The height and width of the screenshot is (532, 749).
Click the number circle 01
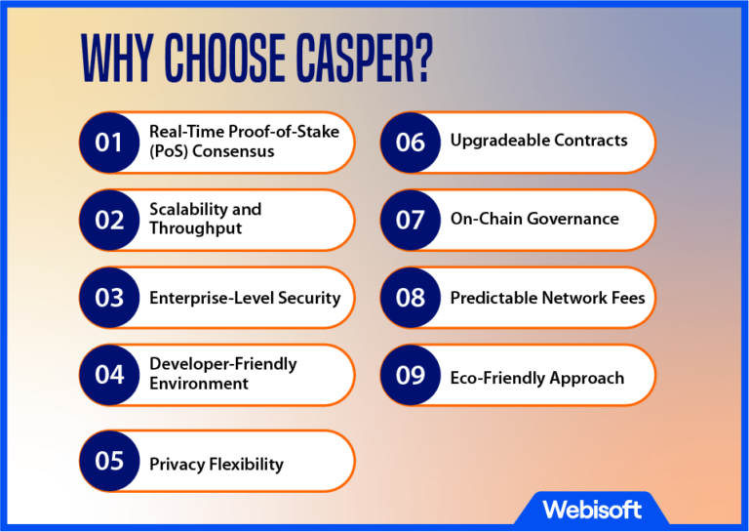(x=109, y=143)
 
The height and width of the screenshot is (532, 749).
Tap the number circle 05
(x=109, y=461)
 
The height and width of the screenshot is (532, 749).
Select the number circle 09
(x=410, y=375)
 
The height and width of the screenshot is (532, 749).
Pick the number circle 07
(x=410, y=220)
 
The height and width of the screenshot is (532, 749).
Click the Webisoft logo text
(x=591, y=509)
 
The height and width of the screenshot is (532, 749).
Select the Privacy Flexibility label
(x=217, y=464)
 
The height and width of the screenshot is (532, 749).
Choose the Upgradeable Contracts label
(x=538, y=141)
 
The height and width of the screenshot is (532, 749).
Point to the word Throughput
(x=196, y=228)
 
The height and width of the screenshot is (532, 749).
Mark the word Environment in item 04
(x=199, y=384)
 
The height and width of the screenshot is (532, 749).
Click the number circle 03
(x=109, y=297)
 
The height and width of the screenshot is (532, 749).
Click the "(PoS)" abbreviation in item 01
(x=171, y=151)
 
